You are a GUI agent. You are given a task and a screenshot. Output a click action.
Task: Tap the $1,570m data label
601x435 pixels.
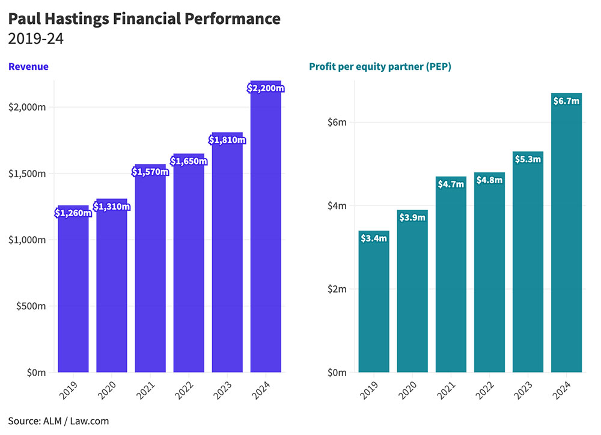[x=150, y=172]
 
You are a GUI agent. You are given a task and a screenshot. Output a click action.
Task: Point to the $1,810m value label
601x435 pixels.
[x=227, y=140]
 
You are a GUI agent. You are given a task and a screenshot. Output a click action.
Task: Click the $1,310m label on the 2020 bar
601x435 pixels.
[x=112, y=207]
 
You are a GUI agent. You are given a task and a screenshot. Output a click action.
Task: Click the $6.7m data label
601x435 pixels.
[x=566, y=101]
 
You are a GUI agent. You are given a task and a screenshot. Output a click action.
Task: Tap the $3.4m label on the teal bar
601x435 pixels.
[x=374, y=239]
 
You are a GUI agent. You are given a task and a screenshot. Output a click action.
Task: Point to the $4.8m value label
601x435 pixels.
[x=489, y=180]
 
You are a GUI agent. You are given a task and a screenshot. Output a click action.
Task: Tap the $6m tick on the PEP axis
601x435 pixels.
[x=338, y=123]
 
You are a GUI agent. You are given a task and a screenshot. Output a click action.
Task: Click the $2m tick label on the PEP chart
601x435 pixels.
[x=338, y=289]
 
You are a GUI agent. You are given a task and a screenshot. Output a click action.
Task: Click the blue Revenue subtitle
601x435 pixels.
[x=28, y=67]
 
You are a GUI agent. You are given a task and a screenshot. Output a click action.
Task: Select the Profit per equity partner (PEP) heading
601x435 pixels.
[x=380, y=67]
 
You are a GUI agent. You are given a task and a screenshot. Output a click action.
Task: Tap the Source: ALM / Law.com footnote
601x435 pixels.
[x=58, y=421]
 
